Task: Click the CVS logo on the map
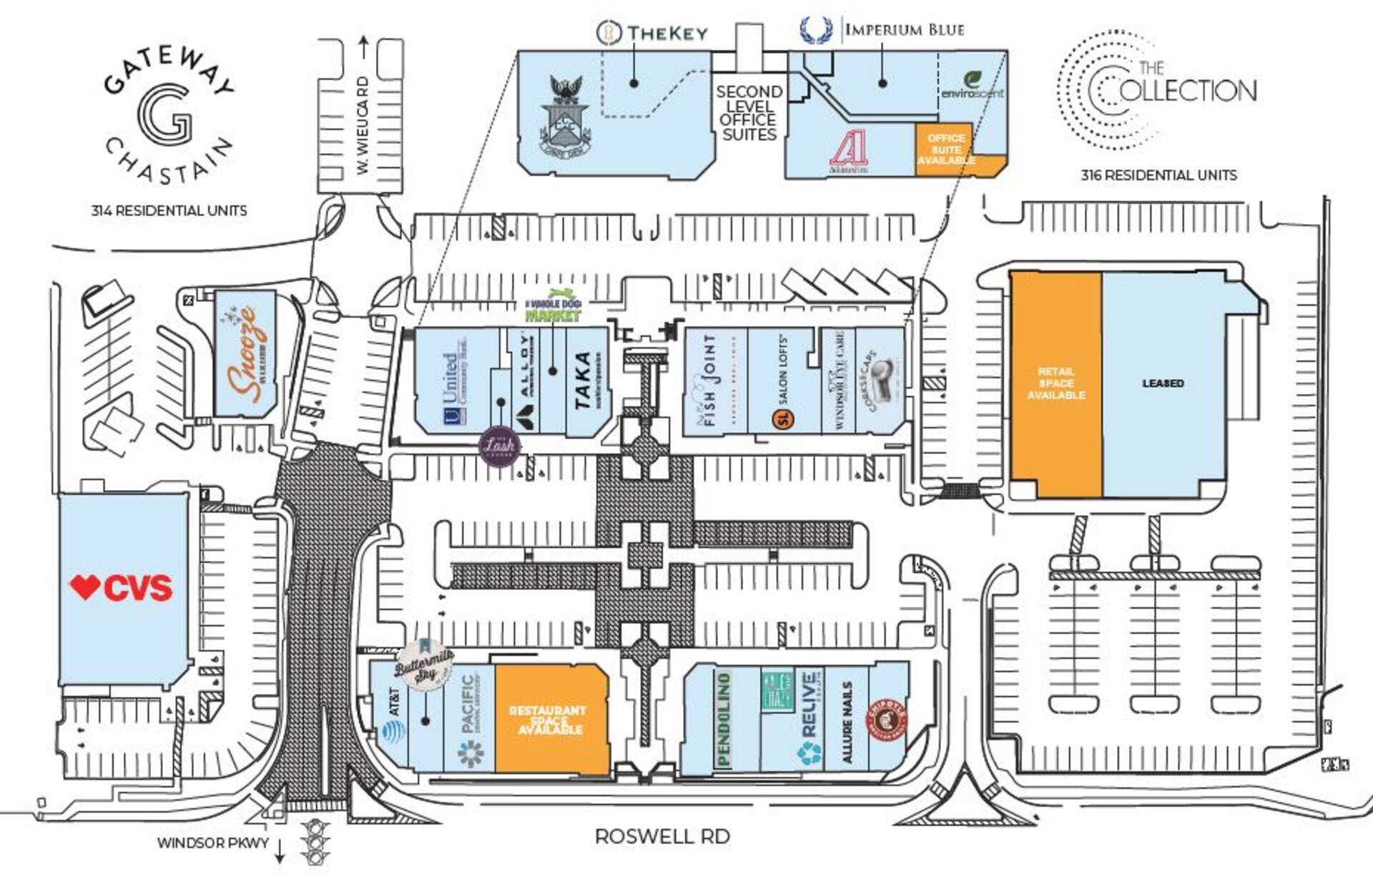click(121, 587)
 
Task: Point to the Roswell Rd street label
click(662, 836)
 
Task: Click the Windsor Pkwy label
click(213, 843)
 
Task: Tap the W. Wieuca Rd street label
click(363, 126)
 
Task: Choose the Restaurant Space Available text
click(548, 720)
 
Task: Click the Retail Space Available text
click(1055, 383)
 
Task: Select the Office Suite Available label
click(946, 149)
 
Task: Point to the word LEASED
click(1163, 383)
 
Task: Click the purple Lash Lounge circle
click(499, 446)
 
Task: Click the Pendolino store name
click(723, 719)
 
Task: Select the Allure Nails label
click(848, 722)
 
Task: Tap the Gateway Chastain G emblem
click(165, 114)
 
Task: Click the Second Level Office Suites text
click(749, 113)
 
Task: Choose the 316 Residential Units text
click(1158, 175)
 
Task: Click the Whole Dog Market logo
click(553, 306)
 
